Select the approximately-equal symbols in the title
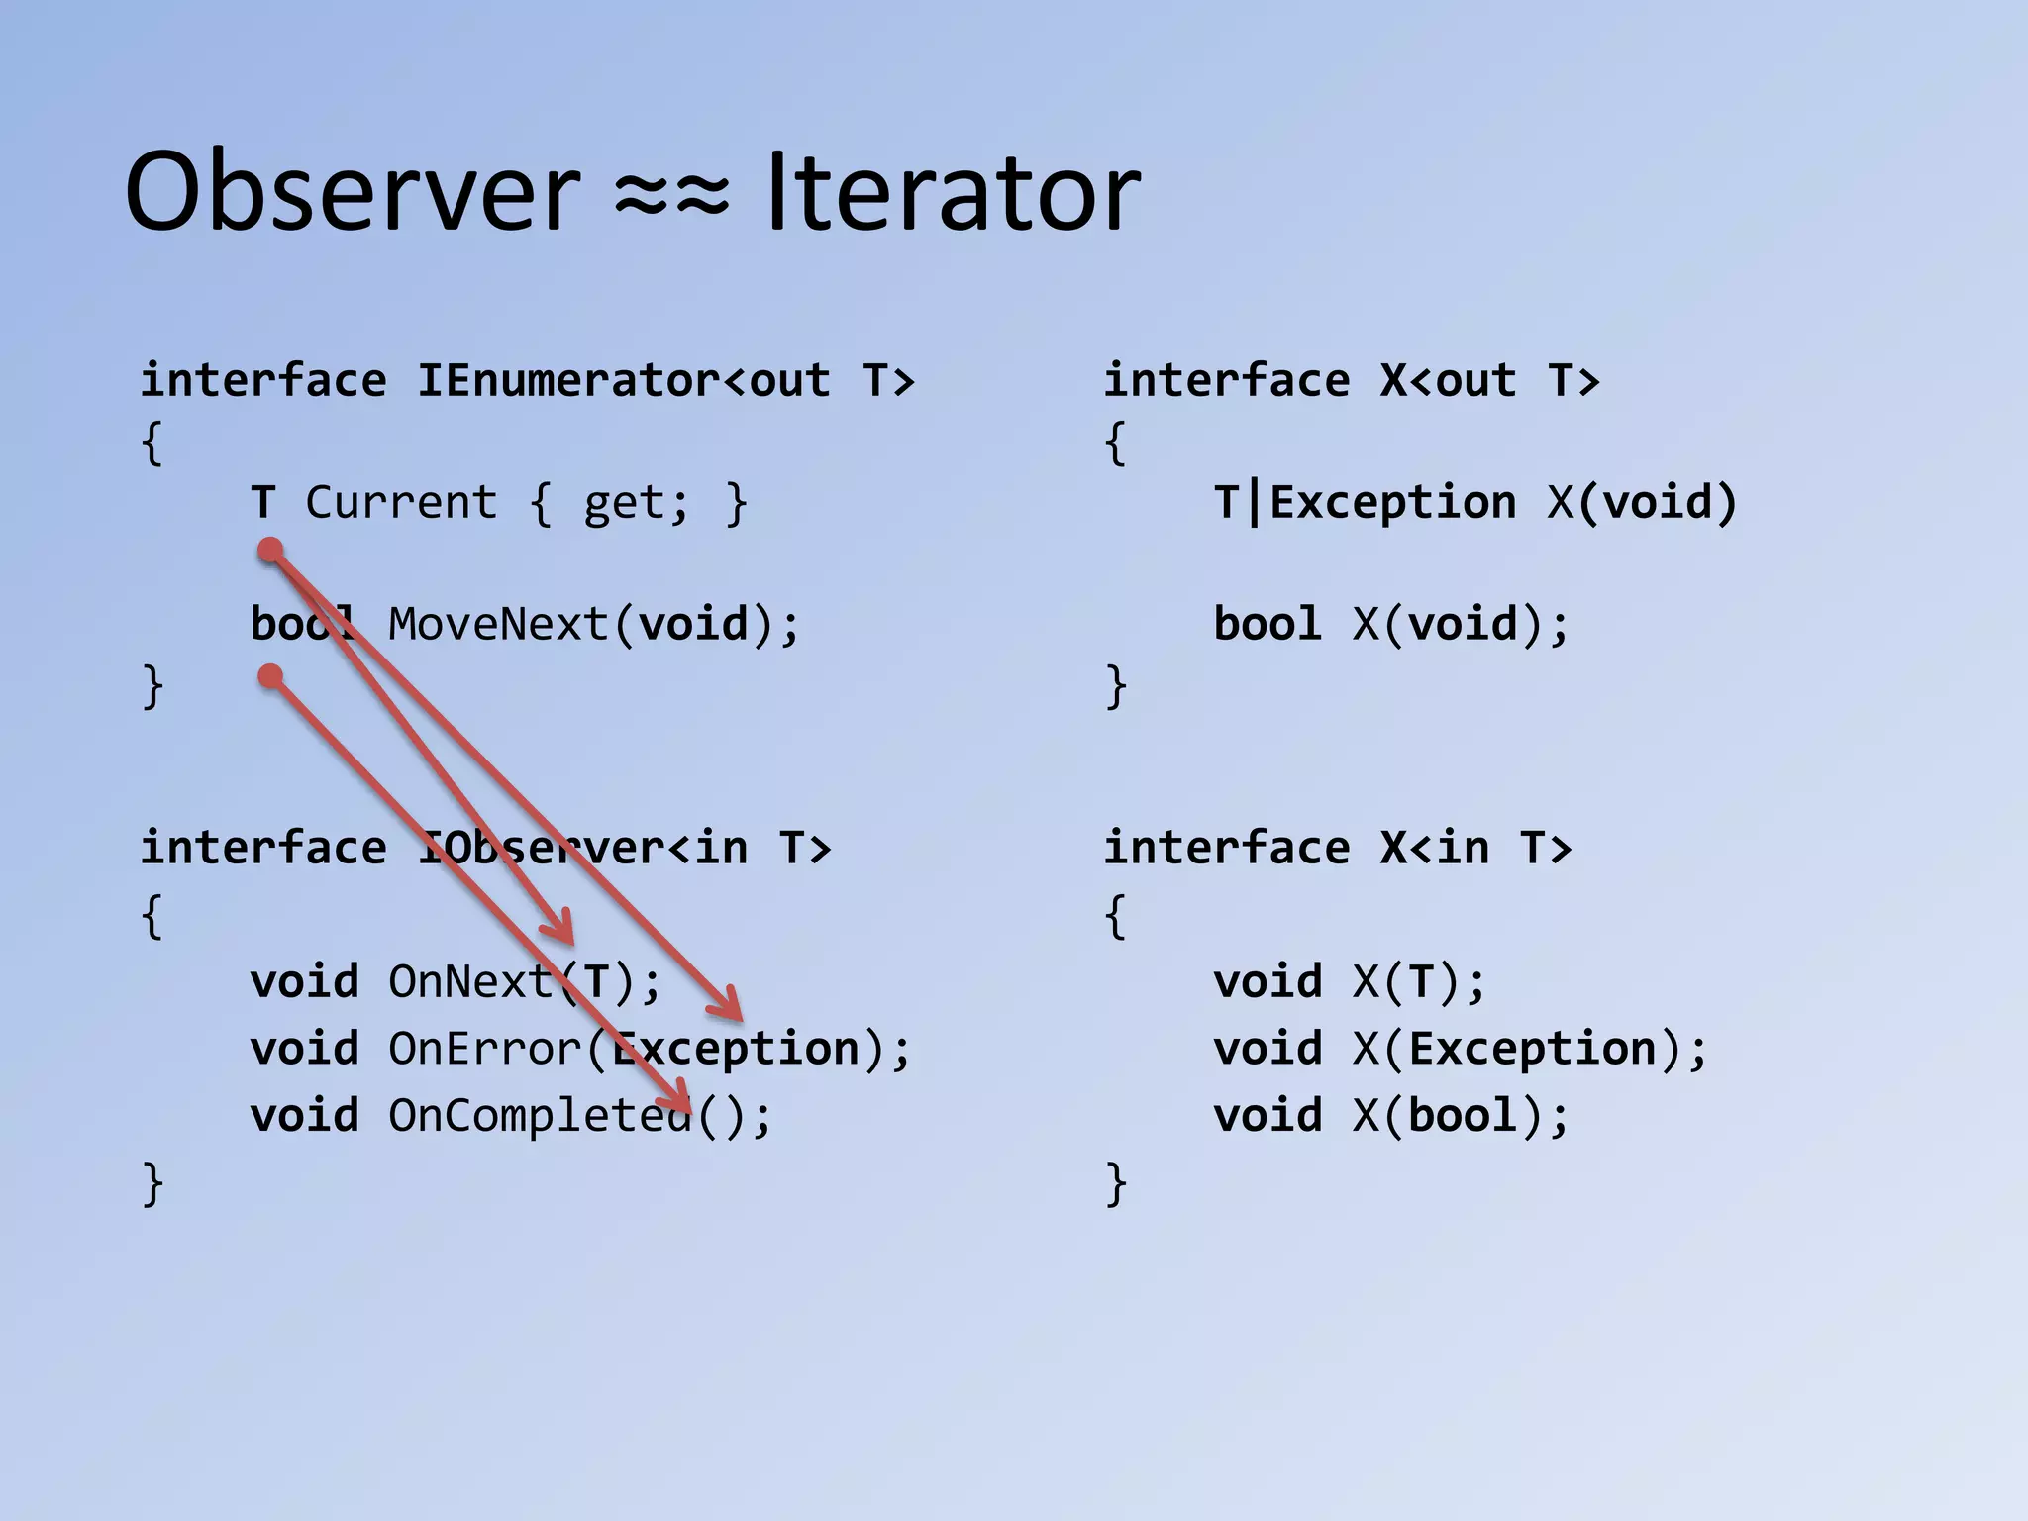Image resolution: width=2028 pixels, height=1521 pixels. (x=672, y=193)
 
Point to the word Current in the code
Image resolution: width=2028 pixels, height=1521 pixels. (x=401, y=503)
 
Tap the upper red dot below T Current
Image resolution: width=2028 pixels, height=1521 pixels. (x=270, y=551)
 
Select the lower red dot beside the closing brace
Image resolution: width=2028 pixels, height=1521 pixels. (x=270, y=677)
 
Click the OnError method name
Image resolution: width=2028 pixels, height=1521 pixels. (x=485, y=1049)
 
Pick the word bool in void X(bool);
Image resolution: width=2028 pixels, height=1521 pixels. (x=1462, y=1116)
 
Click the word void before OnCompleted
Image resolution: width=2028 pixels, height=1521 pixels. (x=304, y=1116)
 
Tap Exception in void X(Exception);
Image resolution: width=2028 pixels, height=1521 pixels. (x=1532, y=1049)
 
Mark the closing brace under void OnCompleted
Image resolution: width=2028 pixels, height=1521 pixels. (x=152, y=1182)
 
